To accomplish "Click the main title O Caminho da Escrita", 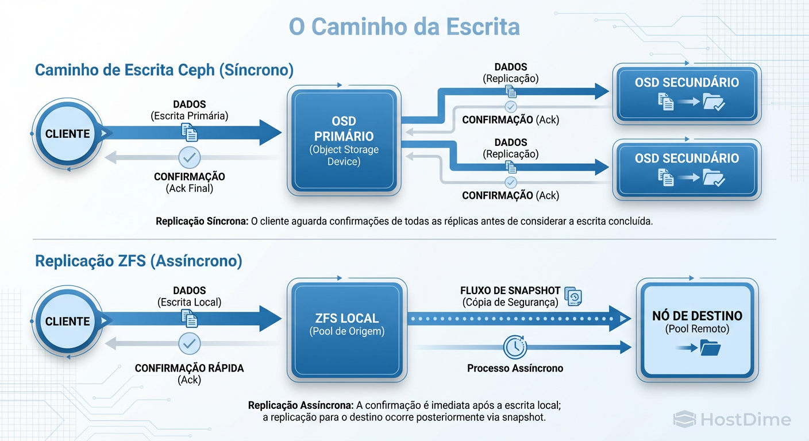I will point(404,27).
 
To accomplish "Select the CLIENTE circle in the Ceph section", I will point(68,134).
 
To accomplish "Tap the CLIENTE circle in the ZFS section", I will point(68,321).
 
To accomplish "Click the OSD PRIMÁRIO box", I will point(344,141).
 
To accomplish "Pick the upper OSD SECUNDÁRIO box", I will point(687,94).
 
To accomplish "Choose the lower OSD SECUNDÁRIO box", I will point(687,169).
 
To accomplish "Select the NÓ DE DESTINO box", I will point(697,330).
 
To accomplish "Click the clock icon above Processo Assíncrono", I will point(515,347).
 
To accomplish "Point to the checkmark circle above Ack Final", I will point(189,157).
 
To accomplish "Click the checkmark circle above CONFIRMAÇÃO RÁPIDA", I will point(189,344).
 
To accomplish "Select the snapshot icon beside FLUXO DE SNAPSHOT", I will point(573,296).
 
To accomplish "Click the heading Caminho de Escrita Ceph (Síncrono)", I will point(164,70).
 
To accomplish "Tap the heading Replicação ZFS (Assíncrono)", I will point(138,261).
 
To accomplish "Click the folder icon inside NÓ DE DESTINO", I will point(710,348).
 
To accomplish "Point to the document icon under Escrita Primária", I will point(189,133).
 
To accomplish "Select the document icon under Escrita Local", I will point(189,319).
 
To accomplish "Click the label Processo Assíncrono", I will point(515,368).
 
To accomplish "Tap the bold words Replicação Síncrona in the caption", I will point(202,222).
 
